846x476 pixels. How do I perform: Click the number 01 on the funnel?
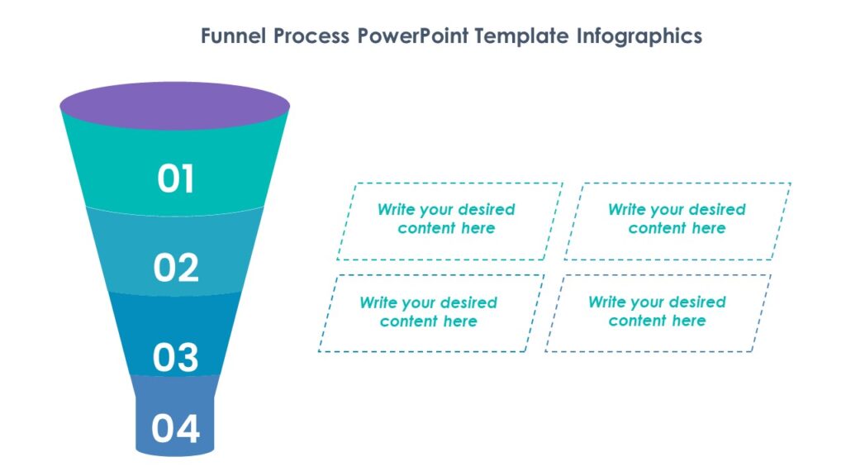point(175,178)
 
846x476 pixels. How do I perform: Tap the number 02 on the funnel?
point(176,268)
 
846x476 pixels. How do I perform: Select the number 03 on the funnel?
point(176,357)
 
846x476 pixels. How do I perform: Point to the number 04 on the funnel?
point(175,428)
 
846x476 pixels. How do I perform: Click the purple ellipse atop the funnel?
point(175,105)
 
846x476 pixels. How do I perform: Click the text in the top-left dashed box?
point(446,219)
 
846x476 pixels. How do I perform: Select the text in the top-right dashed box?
point(677,219)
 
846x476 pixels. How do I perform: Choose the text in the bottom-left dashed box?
point(428,312)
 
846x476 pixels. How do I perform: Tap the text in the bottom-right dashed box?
point(657,312)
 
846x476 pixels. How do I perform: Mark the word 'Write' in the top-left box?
point(396,210)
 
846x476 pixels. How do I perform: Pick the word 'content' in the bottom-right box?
point(638,321)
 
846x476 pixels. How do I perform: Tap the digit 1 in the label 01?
point(187,178)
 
